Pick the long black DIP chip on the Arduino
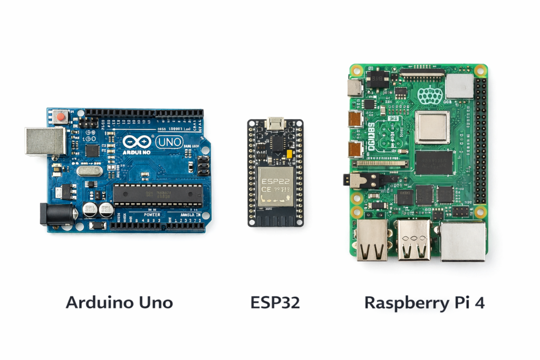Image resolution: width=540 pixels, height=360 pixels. (x=158, y=195)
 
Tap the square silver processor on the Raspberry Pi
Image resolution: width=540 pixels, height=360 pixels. (x=432, y=128)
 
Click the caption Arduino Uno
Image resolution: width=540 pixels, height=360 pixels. (x=119, y=303)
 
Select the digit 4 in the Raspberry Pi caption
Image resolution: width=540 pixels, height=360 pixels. (x=479, y=303)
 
